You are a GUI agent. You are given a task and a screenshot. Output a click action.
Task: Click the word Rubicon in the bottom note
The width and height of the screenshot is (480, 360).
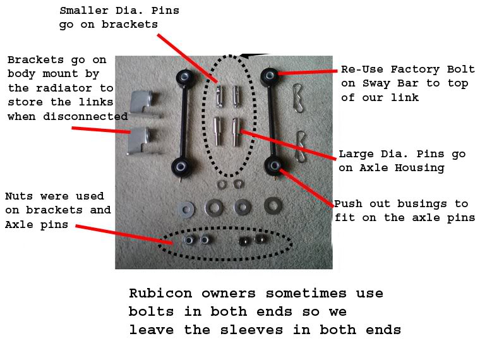(160, 293)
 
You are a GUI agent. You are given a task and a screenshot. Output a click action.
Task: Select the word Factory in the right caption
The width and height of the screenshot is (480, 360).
(415, 69)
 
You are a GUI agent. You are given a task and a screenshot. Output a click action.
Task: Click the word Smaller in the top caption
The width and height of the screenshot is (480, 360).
(84, 10)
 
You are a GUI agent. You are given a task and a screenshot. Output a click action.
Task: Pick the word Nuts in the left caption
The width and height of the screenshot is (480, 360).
(19, 196)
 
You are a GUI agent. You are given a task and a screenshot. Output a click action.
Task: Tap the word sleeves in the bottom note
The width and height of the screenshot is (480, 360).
(251, 330)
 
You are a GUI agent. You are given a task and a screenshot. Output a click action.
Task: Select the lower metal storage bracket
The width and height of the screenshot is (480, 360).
(141, 141)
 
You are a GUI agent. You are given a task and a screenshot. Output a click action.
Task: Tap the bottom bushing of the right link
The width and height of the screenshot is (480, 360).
(274, 166)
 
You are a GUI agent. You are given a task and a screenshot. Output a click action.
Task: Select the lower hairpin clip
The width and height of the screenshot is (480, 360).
(301, 147)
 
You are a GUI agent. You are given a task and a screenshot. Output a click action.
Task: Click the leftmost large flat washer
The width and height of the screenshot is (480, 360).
(186, 210)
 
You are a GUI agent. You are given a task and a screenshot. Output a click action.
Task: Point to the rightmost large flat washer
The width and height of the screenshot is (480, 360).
(273, 206)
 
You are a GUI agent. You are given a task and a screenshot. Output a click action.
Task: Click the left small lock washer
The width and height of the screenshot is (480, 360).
(221, 184)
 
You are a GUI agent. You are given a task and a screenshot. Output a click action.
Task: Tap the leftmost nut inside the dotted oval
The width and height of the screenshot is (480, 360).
(188, 240)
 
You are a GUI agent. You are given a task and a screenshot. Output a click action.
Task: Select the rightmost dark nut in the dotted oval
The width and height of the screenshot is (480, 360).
(260, 239)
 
